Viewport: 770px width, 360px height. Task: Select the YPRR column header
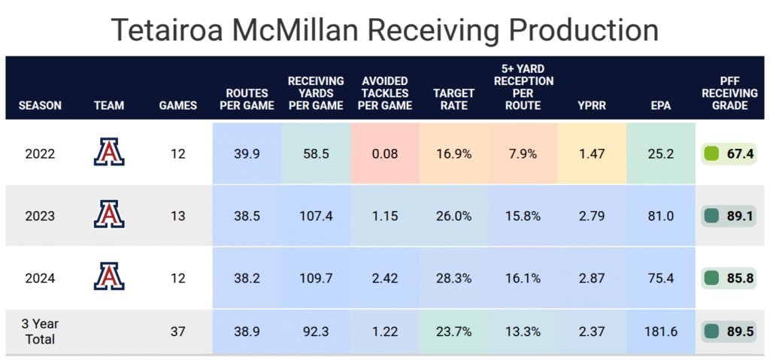tap(592, 105)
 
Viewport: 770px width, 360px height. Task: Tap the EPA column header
tap(661, 105)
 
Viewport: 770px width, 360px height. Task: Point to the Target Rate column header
tap(453, 99)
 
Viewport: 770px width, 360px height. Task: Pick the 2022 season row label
tap(40, 154)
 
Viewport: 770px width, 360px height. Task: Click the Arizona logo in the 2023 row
tap(109, 213)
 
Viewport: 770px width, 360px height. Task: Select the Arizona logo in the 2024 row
tap(109, 276)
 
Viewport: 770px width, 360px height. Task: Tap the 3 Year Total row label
tap(40, 331)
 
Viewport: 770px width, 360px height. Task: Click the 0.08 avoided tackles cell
tap(385, 154)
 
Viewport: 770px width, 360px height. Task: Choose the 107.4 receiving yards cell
tap(316, 216)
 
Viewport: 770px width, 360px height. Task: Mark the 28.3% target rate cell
tap(453, 278)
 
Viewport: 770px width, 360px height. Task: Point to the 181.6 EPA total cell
tap(661, 331)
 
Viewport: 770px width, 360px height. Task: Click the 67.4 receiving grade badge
tap(728, 154)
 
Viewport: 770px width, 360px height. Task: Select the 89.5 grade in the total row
tap(728, 331)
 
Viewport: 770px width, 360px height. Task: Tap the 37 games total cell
tap(178, 331)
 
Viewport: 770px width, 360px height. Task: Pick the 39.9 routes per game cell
tap(247, 154)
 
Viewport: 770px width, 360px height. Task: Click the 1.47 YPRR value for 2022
tap(592, 154)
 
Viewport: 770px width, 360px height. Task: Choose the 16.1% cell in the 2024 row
tap(523, 278)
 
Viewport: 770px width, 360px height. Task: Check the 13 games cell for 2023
tap(178, 216)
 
